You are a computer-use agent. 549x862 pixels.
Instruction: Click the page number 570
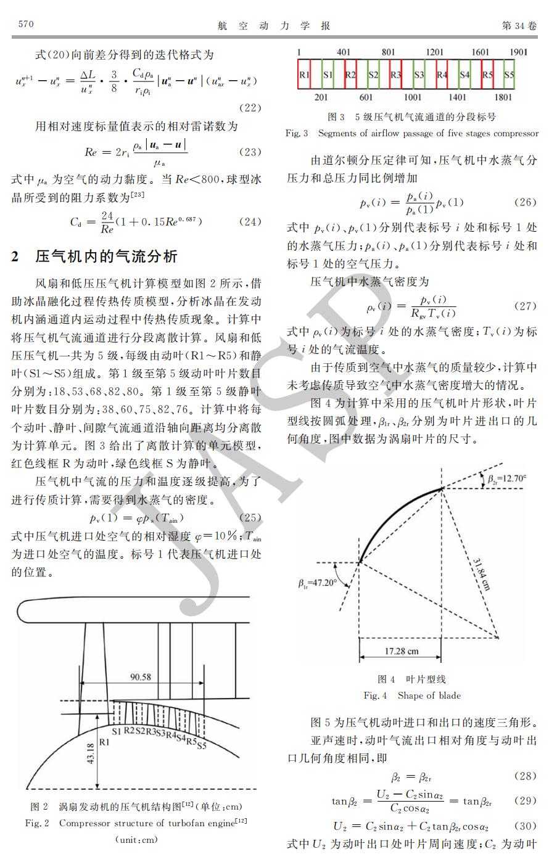pyautogui.click(x=26, y=25)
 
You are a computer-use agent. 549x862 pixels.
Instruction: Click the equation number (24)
pyautogui.click(x=250, y=221)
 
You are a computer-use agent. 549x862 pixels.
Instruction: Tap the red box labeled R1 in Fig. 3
pyautogui.click(x=304, y=75)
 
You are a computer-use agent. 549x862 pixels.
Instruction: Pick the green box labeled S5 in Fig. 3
pyautogui.click(x=508, y=75)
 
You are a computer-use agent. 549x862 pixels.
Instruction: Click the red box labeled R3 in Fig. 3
pyautogui.click(x=395, y=75)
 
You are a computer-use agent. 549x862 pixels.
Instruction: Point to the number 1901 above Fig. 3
pyautogui.click(x=518, y=52)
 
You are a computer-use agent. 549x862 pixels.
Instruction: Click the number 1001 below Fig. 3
pyautogui.click(x=413, y=97)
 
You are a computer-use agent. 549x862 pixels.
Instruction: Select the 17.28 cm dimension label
pyautogui.click(x=402, y=651)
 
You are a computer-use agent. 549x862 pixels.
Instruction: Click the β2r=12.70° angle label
pyautogui.click(x=506, y=478)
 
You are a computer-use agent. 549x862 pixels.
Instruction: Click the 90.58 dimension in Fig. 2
pyautogui.click(x=140, y=677)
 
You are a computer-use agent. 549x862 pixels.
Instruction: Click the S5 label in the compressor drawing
pyautogui.click(x=201, y=746)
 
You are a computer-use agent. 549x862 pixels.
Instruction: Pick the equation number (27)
pyautogui.click(x=525, y=306)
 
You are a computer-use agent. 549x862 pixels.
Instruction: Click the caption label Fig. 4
pyautogui.click(x=375, y=696)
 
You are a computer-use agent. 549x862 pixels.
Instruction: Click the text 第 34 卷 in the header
pyautogui.click(x=519, y=25)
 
